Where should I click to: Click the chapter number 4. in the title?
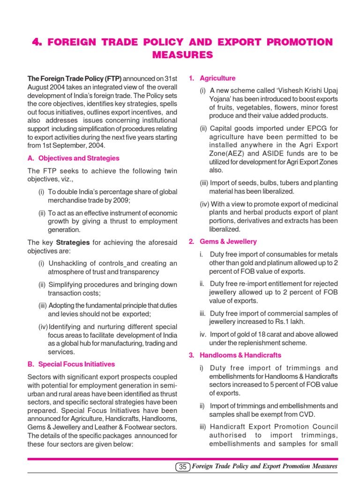click(37, 42)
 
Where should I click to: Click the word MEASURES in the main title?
click(182, 55)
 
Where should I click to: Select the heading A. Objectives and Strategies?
click(74, 158)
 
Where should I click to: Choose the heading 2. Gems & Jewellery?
click(223, 241)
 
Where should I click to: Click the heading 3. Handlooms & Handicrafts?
click(235, 355)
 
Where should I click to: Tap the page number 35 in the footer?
click(183, 466)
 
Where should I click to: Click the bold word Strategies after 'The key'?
click(73, 242)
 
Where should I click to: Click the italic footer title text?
click(265, 466)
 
